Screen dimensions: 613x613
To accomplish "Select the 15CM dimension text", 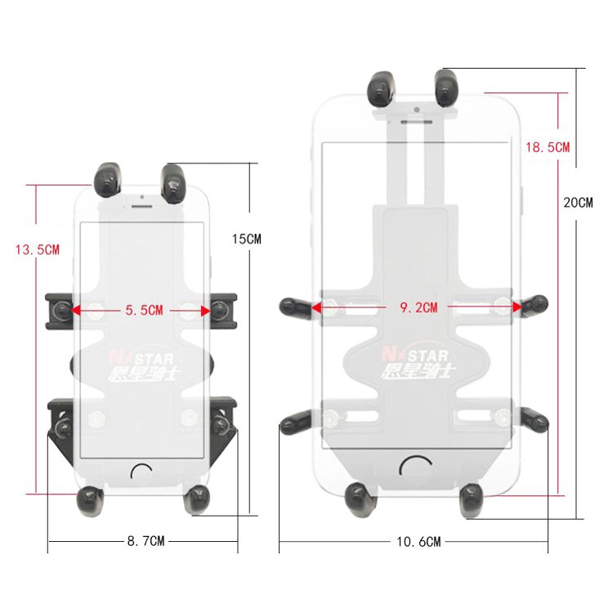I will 247,239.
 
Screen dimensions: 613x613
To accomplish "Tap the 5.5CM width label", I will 144,311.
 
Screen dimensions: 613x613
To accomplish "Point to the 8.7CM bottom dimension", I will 145,541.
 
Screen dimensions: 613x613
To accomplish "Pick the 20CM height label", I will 579,202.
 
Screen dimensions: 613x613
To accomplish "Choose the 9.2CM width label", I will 418,308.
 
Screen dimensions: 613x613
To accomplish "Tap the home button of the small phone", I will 141,472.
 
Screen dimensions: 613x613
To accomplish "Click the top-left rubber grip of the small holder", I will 109,177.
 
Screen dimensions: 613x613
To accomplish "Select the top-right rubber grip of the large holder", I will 449,87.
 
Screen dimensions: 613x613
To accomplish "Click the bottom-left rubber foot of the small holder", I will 88,499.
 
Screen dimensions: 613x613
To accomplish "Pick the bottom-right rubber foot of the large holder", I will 472,499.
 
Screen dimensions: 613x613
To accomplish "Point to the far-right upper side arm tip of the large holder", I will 535,306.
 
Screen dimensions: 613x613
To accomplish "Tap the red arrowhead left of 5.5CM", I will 76,311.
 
